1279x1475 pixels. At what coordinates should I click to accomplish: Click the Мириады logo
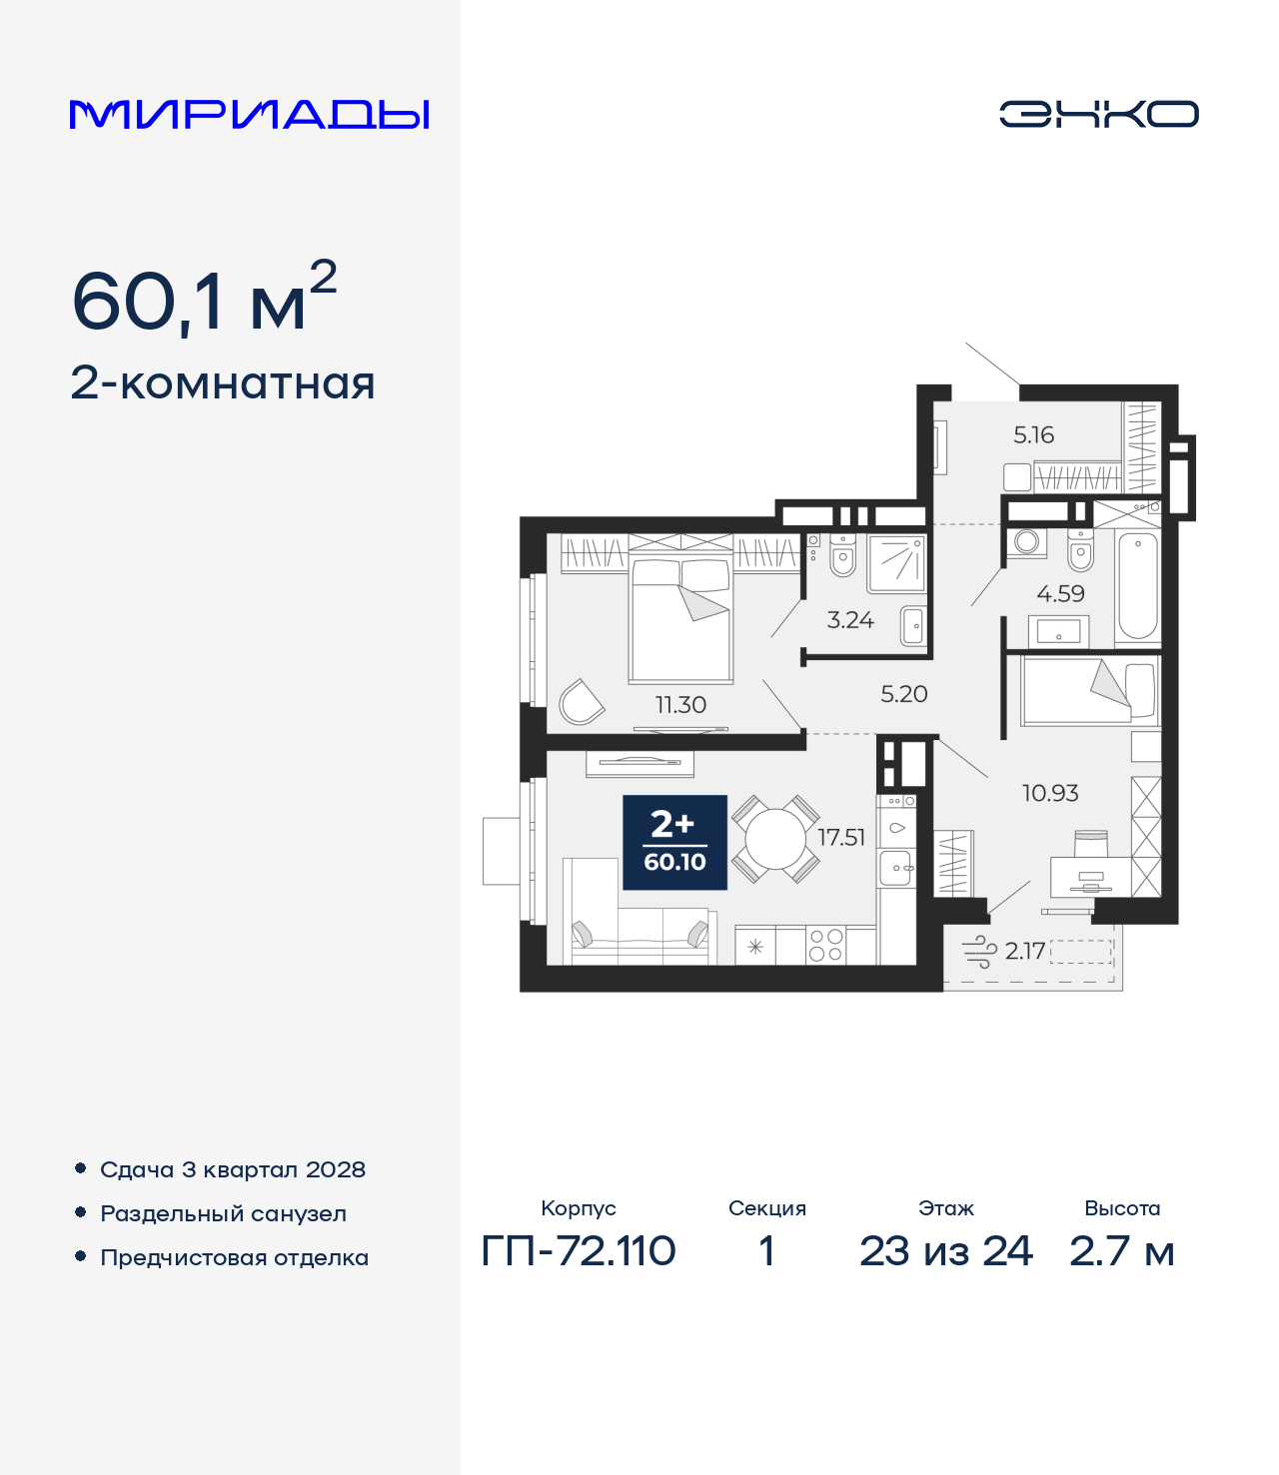coord(249,114)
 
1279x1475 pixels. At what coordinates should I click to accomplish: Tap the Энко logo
coord(1098,114)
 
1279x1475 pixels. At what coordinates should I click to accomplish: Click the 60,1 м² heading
coord(204,299)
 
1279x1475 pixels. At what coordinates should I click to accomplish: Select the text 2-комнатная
coord(223,383)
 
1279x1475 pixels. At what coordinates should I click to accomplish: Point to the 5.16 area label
coord(1033,435)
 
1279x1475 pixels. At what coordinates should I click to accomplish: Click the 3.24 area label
coord(850,620)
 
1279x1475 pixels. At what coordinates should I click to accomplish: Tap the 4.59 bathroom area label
coord(1060,594)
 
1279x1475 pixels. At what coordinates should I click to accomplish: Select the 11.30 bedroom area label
coord(680,705)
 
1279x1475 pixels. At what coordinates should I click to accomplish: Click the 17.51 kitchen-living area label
coord(841,837)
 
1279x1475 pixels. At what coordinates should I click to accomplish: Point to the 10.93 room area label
coord(1050,793)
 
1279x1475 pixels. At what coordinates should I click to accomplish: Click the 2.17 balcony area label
coord(1025,951)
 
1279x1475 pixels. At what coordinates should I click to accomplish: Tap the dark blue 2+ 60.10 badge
coord(674,842)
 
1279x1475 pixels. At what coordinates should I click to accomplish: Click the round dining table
coord(775,839)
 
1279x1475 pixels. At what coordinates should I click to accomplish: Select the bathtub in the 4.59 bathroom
coord(1137,586)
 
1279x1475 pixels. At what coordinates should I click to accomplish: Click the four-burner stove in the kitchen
coord(825,945)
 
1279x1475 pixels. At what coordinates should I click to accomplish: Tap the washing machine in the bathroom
coord(1026,542)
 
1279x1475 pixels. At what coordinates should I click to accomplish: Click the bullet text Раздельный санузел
coord(223,1213)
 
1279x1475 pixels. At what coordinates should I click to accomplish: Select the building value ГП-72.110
coord(579,1250)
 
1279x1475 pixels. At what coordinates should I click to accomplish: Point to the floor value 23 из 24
coord(945,1250)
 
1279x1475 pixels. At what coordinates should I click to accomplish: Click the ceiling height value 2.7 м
coord(1121,1250)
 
